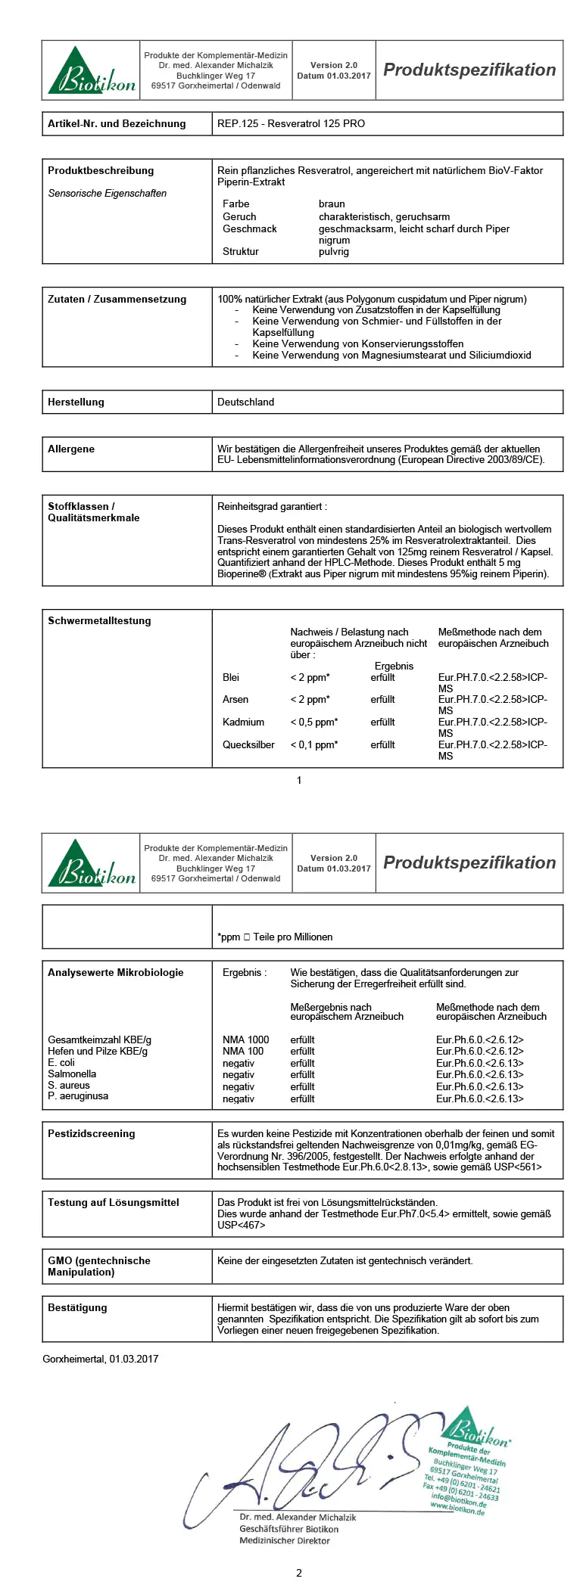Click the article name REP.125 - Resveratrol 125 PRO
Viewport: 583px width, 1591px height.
pyautogui.click(x=291, y=123)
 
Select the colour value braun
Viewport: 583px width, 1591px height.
pyautogui.click(x=332, y=204)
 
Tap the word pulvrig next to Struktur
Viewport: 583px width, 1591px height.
pyautogui.click(x=333, y=251)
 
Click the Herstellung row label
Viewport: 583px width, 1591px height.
pyautogui.click(x=76, y=402)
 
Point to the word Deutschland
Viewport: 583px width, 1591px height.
pyautogui.click(x=245, y=402)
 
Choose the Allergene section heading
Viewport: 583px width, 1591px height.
pyautogui.click(x=71, y=449)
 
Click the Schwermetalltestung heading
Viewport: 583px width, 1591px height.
pyautogui.click(x=99, y=620)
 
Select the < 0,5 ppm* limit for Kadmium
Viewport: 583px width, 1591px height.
pyautogui.click(x=313, y=722)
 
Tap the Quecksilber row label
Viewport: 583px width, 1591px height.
pyautogui.click(x=248, y=744)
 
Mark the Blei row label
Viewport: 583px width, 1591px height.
pyautogui.click(x=230, y=677)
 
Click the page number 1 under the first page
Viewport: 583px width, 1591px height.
pyautogui.click(x=299, y=780)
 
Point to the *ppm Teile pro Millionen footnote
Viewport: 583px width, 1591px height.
pyautogui.click(x=275, y=937)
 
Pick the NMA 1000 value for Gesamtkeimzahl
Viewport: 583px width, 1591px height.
pyautogui.click(x=245, y=1039)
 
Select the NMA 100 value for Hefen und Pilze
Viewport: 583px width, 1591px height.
pyautogui.click(x=243, y=1051)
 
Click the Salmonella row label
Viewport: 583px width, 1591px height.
pyautogui.click(x=72, y=1074)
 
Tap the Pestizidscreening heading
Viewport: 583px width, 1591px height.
pyautogui.click(x=91, y=1133)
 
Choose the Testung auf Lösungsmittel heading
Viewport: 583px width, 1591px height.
pyautogui.click(x=113, y=1202)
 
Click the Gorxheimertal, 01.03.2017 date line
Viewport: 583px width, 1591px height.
pyautogui.click(x=101, y=1359)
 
